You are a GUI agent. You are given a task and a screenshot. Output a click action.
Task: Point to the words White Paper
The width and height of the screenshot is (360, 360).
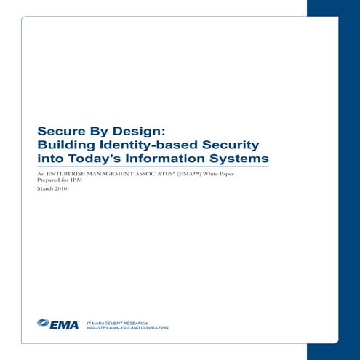coord(224,174)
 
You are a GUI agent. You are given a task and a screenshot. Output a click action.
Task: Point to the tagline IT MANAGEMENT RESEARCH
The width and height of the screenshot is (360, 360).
coord(117,321)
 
